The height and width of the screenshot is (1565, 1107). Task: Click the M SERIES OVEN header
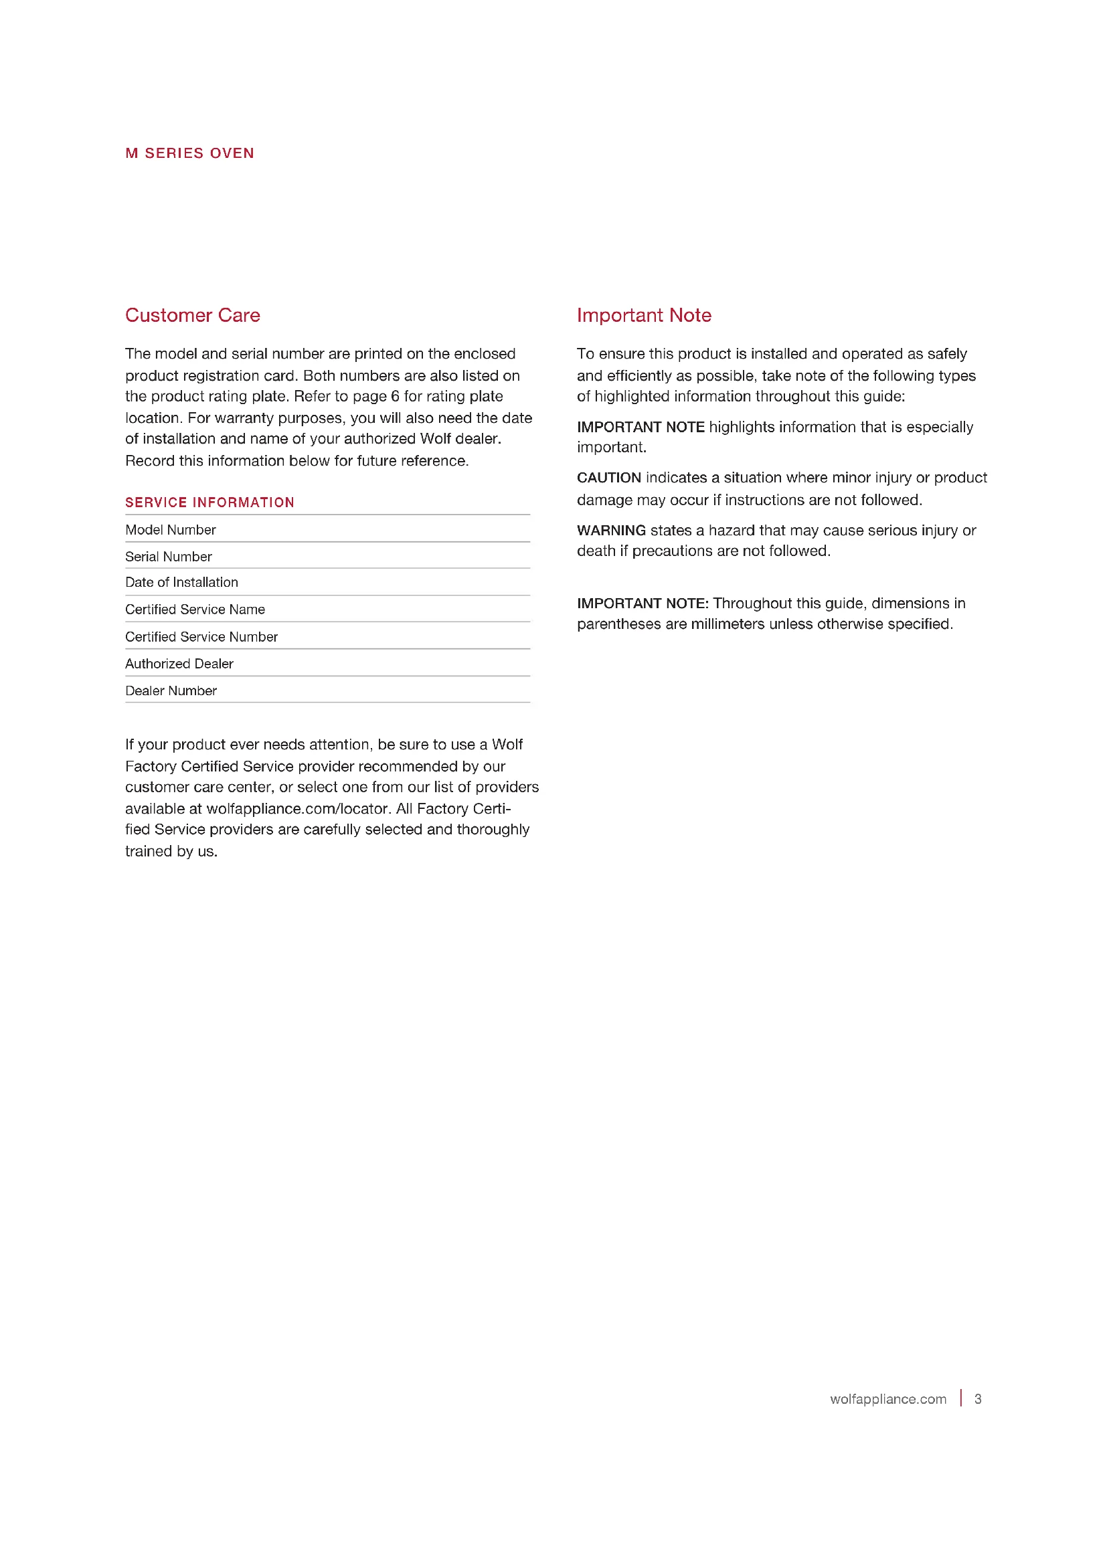pos(189,153)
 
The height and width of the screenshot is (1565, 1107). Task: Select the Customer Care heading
pos(192,315)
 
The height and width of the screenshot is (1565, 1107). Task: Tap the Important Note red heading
pos(643,315)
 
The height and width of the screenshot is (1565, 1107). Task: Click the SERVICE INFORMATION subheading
pos(209,502)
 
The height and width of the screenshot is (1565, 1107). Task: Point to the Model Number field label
pos(171,530)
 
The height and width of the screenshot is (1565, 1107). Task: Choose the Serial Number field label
pos(169,557)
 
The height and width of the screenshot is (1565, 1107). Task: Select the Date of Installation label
pos(181,582)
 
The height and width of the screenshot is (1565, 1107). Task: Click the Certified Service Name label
pos(195,610)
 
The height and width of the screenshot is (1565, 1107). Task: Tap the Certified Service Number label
pos(201,636)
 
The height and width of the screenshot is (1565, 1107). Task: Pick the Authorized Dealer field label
pos(179,664)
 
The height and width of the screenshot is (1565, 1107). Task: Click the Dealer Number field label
pos(171,691)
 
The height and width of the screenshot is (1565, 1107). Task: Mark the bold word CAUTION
pos(608,478)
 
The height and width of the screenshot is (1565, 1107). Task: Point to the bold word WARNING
pos(611,531)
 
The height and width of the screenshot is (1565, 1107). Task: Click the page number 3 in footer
pos(977,1398)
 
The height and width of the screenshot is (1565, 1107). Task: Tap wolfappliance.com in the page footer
pos(887,1398)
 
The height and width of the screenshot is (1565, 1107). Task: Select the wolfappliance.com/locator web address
pos(297,808)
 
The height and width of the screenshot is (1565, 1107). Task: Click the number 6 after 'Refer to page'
pos(395,396)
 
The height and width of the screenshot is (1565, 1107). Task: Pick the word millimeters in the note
pos(728,624)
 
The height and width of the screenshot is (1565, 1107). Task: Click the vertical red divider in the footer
pos(961,1398)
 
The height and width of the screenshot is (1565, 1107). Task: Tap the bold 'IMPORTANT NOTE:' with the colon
pos(643,604)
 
